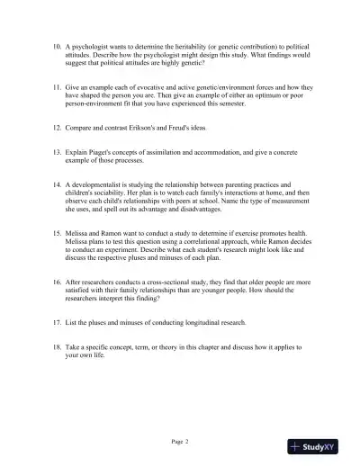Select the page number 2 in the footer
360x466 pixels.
coord(187,442)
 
